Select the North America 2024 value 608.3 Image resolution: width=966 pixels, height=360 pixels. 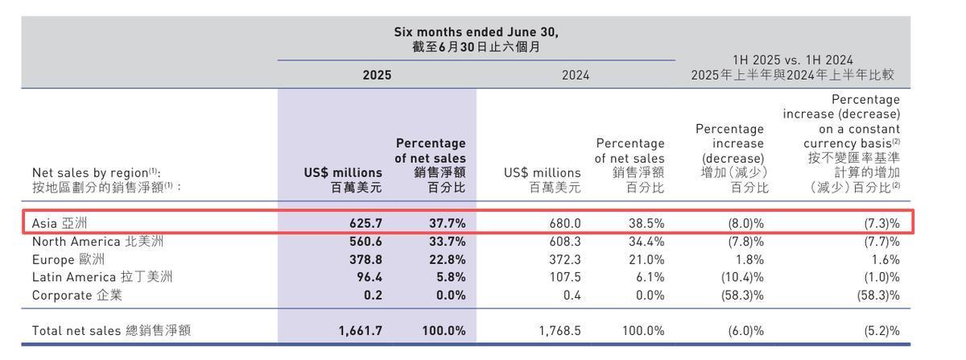pyautogui.click(x=563, y=241)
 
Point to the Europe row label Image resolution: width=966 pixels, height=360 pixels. pyautogui.click(x=68, y=259)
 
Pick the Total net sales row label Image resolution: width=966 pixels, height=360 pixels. pyautogui.click(x=112, y=331)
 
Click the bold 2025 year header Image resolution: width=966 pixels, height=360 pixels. pyautogui.click(x=377, y=75)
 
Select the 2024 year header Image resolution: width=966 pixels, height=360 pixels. pyautogui.click(x=576, y=75)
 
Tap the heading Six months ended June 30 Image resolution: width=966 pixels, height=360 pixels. pyautogui.click(x=476, y=32)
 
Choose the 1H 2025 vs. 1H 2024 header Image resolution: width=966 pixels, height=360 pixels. pyautogui.click(x=793, y=60)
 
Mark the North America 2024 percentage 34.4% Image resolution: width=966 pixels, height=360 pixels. pyautogui.click(x=646, y=241)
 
